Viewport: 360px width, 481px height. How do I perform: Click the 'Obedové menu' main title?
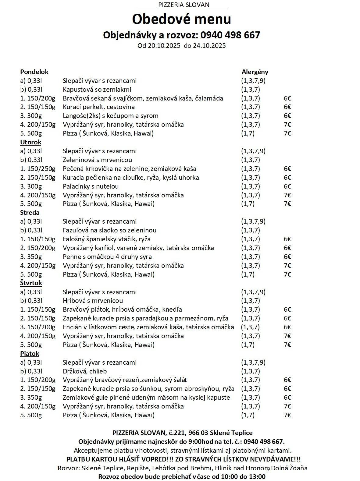point(181,19)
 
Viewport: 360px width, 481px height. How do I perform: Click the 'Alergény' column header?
point(255,72)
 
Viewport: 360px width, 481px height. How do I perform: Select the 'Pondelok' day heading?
point(34,72)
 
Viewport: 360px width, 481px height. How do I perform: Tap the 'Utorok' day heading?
point(31,142)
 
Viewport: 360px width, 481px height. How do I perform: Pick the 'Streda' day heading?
point(30,213)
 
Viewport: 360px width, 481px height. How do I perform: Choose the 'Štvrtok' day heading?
point(31,283)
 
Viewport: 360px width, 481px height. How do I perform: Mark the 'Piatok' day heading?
point(30,354)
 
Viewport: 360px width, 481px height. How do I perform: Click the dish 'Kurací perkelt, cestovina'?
point(99,107)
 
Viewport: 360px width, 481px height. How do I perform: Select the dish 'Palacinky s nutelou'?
point(91,186)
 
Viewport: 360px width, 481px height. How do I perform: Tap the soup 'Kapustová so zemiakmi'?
point(97,90)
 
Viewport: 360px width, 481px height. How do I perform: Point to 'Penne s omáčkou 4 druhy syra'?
point(107,257)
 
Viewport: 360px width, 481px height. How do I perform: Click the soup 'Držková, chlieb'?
point(85,371)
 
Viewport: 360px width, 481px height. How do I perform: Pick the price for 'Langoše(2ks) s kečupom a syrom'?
point(287,116)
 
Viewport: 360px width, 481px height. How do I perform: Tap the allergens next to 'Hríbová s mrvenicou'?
point(251,301)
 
